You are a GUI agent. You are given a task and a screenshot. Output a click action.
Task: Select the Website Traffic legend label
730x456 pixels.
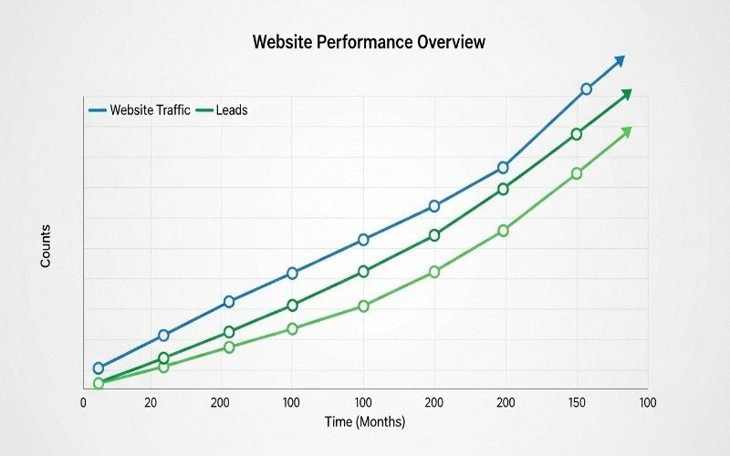(150, 110)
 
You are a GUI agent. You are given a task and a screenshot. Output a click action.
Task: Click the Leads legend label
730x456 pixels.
(232, 110)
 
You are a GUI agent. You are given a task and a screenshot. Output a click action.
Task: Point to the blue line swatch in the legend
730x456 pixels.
(98, 110)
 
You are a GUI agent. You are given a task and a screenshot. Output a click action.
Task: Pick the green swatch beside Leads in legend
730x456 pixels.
(204, 110)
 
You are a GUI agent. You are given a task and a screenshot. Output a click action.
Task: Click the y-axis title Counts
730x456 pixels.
(46, 246)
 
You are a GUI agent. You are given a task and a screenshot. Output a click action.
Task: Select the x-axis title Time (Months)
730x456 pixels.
(365, 422)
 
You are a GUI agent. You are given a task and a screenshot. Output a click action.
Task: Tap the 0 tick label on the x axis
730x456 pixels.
(84, 402)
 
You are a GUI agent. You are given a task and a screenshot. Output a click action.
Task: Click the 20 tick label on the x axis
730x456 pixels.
(151, 402)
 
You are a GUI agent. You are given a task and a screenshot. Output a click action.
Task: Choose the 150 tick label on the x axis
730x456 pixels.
(576, 402)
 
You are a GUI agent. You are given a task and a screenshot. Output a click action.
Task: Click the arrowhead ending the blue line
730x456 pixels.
(620, 60)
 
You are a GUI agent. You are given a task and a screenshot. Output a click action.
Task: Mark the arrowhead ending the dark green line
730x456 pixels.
(625, 95)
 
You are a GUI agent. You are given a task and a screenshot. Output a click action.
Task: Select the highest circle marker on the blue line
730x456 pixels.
(586, 89)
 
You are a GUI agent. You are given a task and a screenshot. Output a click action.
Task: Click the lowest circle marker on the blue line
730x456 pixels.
(99, 368)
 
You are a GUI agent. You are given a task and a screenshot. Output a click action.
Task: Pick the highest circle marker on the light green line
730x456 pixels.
(577, 173)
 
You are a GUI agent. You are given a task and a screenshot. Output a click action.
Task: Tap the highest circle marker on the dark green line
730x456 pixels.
(577, 134)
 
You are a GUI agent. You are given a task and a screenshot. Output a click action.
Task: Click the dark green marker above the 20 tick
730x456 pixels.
(164, 358)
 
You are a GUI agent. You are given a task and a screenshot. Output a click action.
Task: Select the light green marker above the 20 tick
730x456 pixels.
(164, 367)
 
